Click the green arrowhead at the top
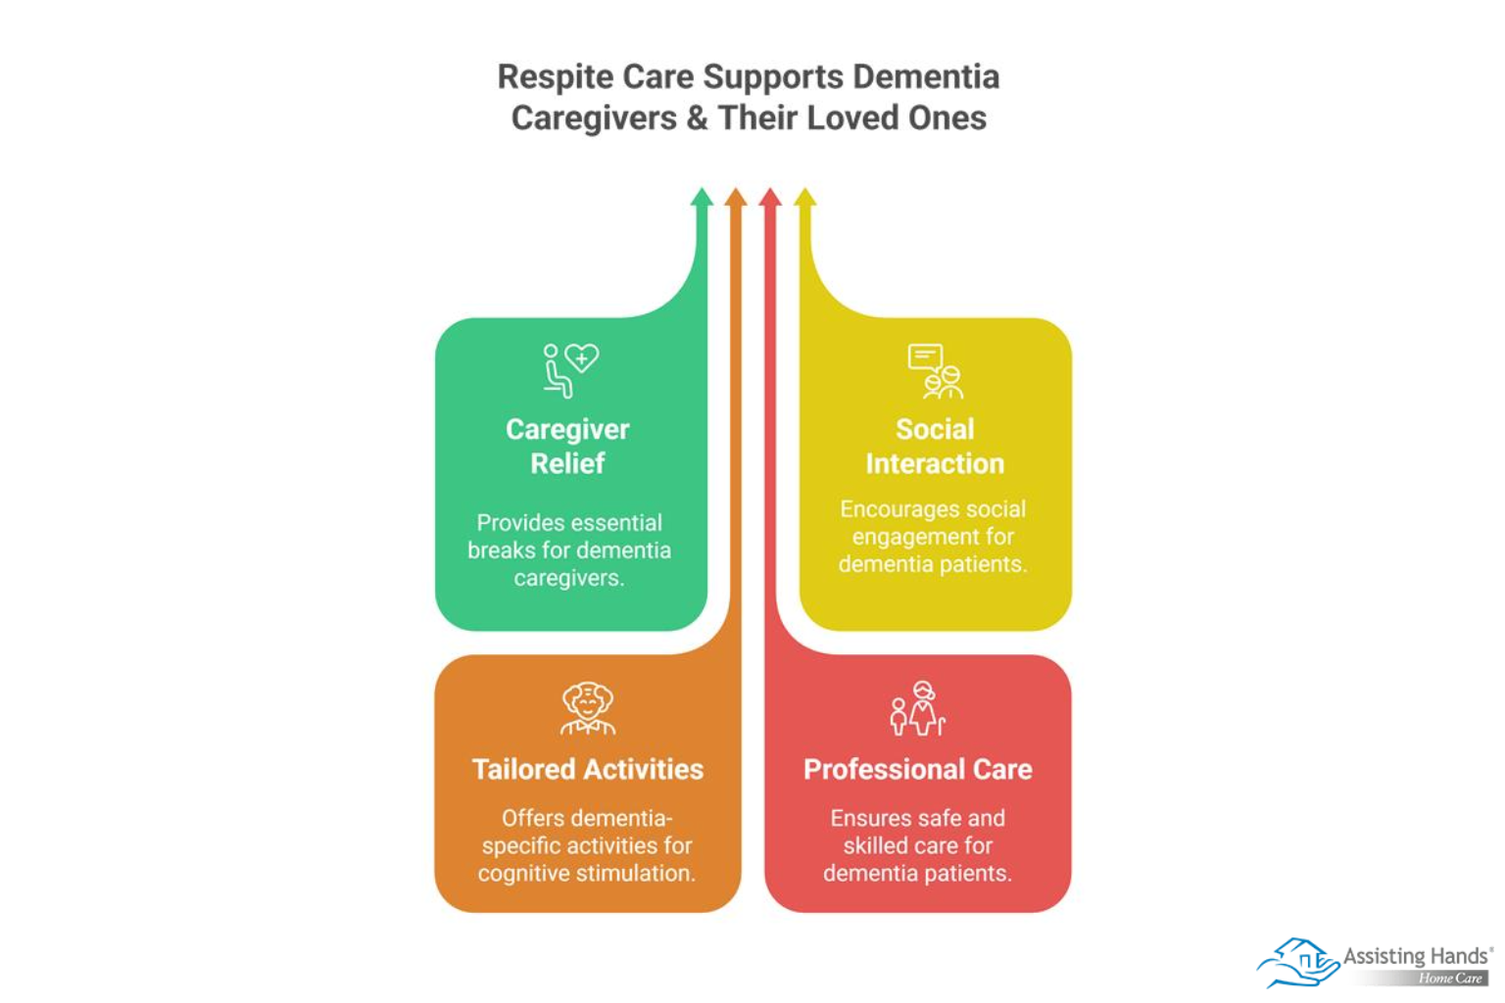(x=702, y=198)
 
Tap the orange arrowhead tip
(x=736, y=198)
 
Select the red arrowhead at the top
(x=770, y=198)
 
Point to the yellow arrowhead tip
(x=804, y=198)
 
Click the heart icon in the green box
(x=582, y=358)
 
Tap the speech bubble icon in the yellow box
(x=924, y=357)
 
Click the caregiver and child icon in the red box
(x=918, y=708)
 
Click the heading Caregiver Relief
(x=567, y=446)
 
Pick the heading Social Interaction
(x=935, y=446)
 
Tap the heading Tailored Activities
(x=588, y=769)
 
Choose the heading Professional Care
(x=918, y=769)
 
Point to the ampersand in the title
(x=697, y=119)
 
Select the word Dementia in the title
(x=926, y=77)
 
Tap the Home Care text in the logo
(x=1450, y=979)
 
